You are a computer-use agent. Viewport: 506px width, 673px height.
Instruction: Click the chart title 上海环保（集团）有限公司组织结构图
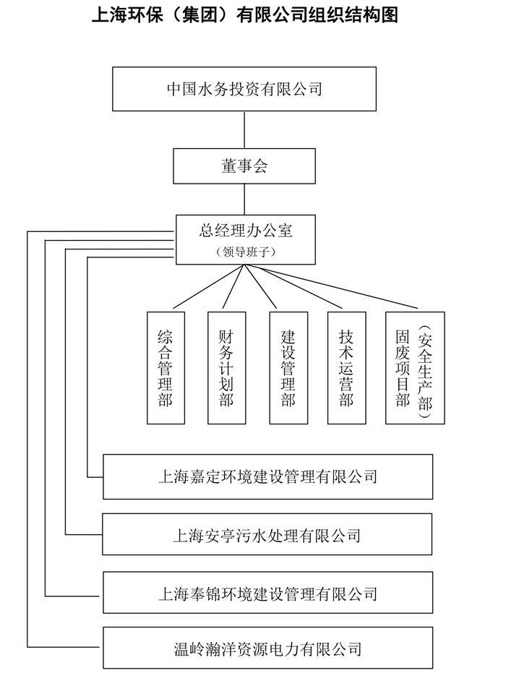[245, 15]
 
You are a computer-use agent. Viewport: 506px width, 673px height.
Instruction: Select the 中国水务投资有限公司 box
[244, 89]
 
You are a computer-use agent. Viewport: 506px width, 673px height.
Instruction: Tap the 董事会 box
[244, 166]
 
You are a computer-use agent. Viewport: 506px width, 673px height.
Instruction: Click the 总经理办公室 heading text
[246, 231]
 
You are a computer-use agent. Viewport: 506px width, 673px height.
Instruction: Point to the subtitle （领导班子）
[246, 252]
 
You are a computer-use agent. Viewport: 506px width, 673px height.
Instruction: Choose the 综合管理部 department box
[166, 368]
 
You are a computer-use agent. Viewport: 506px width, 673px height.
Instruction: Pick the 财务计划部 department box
[226, 368]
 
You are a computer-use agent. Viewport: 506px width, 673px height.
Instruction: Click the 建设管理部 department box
[288, 368]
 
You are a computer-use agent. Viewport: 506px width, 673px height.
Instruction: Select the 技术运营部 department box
[347, 368]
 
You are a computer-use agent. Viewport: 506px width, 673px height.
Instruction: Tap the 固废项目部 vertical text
[403, 368]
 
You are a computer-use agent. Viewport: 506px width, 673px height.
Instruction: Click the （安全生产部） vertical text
[425, 368]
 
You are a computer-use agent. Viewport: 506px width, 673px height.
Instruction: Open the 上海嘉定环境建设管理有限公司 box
[267, 476]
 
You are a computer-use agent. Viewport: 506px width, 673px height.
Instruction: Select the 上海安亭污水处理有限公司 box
[267, 535]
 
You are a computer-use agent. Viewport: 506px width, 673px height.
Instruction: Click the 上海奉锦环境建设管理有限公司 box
[267, 593]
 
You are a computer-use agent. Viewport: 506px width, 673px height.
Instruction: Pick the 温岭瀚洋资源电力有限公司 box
[267, 648]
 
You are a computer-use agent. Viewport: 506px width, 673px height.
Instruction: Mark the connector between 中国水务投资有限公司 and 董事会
[244, 129]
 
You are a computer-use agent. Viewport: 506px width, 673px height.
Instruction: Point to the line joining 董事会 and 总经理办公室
[244, 200]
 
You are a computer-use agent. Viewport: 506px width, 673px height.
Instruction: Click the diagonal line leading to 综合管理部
[209, 286]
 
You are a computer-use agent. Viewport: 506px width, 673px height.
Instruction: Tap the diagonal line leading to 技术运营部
[293, 286]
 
